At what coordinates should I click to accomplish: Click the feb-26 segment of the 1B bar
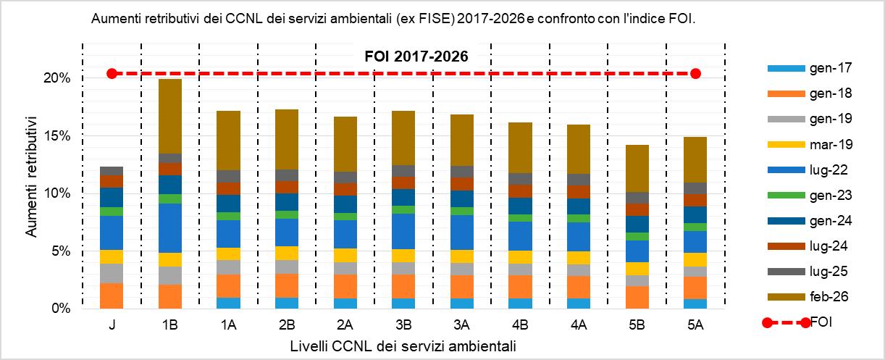pos(170,116)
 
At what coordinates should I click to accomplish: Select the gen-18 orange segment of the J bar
pos(112,296)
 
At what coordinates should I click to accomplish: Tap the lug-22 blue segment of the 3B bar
pos(403,231)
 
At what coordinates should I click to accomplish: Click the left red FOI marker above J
pos(112,73)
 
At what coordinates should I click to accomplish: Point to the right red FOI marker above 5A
pos(695,73)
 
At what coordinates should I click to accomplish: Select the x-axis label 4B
pos(520,327)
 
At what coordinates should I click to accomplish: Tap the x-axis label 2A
pos(345,327)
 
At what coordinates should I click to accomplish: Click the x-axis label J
pos(112,327)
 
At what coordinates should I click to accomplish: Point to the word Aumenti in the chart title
pos(114,20)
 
